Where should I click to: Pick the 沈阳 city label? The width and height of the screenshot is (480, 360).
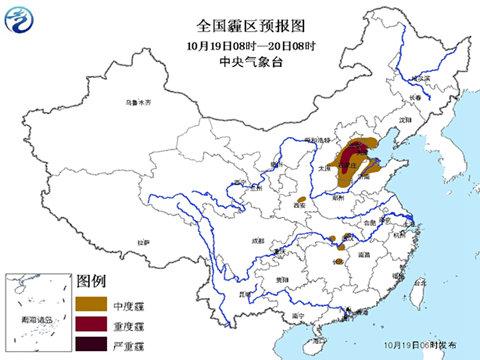point(405,117)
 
